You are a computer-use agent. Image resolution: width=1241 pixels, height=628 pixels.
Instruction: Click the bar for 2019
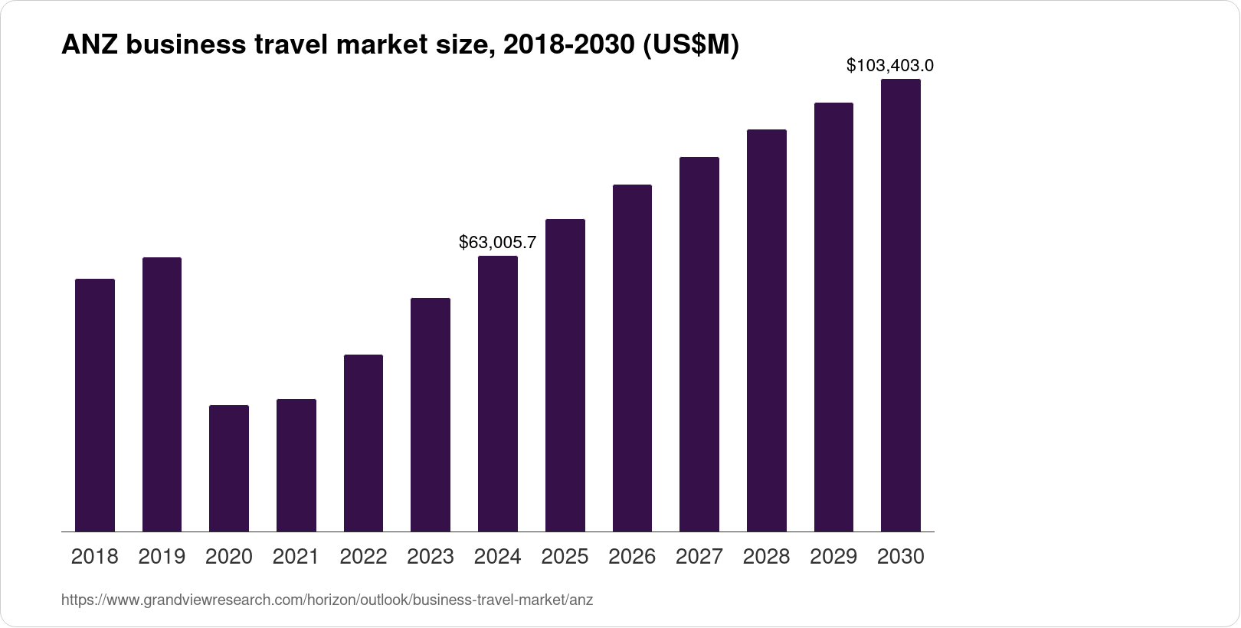(162, 394)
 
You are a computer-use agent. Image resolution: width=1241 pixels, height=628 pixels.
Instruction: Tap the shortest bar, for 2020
(229, 468)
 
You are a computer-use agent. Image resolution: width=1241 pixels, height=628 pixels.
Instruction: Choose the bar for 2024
(498, 394)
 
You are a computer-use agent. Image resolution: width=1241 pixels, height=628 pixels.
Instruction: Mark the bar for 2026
(632, 358)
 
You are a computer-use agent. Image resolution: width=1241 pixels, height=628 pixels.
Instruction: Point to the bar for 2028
(766, 330)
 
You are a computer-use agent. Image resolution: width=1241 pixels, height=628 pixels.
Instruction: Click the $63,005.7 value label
(498, 243)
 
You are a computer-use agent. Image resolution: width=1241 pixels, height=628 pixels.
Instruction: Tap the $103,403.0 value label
(890, 66)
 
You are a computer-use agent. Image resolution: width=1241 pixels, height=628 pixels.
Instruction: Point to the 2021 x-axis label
(296, 557)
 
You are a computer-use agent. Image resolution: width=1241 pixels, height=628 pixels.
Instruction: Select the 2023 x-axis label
(431, 557)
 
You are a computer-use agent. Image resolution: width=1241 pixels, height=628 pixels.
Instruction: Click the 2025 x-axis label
(565, 557)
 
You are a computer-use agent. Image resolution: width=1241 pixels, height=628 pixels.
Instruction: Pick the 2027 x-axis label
(699, 557)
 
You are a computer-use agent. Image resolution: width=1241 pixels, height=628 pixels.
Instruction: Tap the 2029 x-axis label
(833, 557)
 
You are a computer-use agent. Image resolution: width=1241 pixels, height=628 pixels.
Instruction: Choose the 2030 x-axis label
(901, 557)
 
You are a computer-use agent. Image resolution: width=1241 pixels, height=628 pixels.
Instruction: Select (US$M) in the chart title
(691, 46)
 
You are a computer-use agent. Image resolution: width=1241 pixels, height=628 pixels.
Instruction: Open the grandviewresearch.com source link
(327, 600)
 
